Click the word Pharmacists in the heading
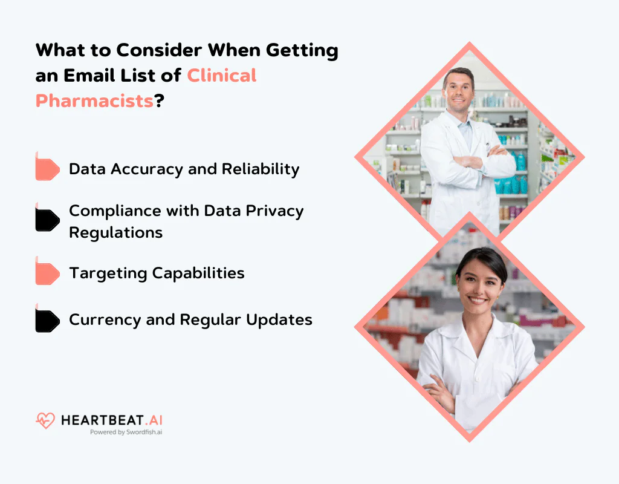94,100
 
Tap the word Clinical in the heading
221,75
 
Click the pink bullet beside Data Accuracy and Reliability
47,169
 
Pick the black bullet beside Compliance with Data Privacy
47,220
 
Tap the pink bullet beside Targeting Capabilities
47,273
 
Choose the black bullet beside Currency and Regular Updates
47,321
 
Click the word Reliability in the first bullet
261,169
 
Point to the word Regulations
115,232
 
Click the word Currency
105,319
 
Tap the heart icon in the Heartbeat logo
45,420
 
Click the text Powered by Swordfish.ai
126,433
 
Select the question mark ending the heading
160,100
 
